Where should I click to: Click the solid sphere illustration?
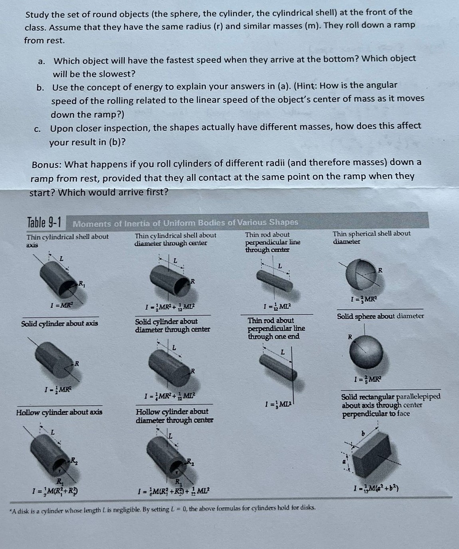click(366, 352)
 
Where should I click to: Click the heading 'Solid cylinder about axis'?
click(60, 323)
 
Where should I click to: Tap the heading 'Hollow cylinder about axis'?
click(59, 412)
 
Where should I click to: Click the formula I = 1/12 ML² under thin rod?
click(277, 307)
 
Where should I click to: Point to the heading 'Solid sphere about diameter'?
click(380, 316)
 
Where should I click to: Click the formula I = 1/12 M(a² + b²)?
click(376, 488)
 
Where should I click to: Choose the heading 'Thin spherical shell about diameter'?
click(371, 237)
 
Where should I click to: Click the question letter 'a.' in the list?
click(41, 61)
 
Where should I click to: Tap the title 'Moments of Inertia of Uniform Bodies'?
click(185, 223)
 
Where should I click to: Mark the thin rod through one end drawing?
click(276, 364)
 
